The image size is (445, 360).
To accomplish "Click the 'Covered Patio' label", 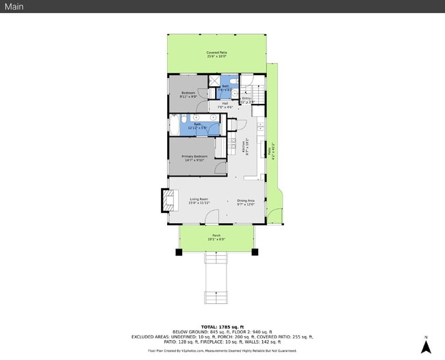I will click(216, 54).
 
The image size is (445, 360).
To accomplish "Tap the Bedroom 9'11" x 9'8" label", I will click(188, 94).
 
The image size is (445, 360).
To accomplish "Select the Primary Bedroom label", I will click(194, 158).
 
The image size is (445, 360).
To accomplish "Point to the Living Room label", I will click(199, 201).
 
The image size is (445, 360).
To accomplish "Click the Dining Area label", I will click(246, 201).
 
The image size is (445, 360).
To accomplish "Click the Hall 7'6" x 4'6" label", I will click(225, 105).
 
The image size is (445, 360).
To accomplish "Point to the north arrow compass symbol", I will click(425, 345).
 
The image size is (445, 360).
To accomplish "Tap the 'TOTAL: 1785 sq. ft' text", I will click(222, 326).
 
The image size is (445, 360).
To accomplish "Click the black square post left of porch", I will click(179, 252).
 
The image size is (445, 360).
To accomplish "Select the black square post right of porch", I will click(256, 252).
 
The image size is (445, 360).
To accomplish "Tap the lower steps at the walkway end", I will click(216, 297).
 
